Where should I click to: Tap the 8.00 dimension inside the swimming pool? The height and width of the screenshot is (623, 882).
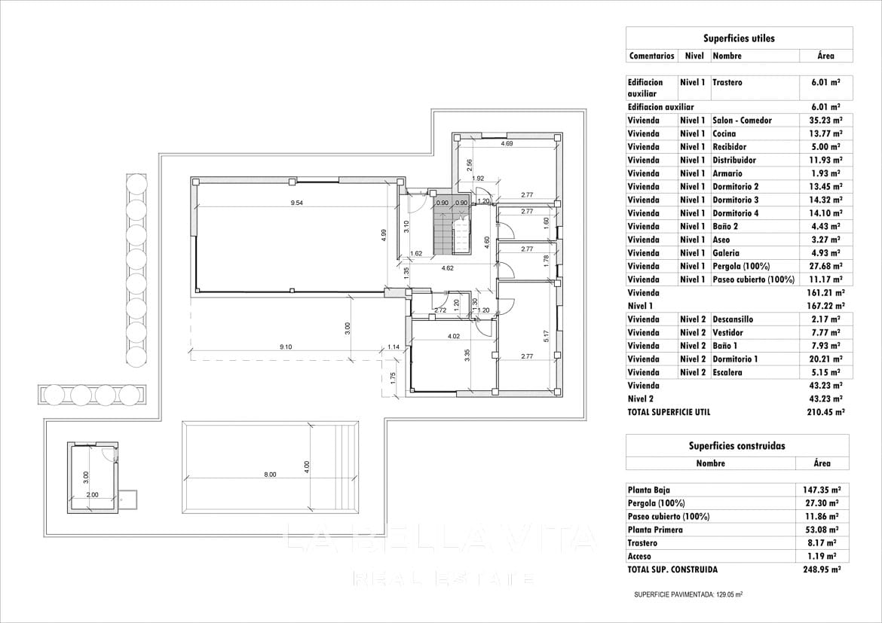tap(270, 474)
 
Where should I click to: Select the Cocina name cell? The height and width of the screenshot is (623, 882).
tap(724, 133)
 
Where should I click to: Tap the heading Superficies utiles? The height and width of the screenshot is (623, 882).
tap(739, 38)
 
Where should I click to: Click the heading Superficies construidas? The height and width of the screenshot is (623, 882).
tap(738, 445)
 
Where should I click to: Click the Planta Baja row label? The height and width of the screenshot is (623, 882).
tap(648, 490)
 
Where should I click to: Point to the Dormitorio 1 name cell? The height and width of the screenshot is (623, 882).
tap(735, 359)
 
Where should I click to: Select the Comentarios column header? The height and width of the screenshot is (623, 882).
tap(651, 56)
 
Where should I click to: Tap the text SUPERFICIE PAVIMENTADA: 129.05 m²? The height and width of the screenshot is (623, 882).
tap(688, 594)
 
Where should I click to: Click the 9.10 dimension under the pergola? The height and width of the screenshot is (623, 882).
tap(286, 347)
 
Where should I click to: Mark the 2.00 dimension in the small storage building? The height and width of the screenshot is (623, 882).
tap(92, 495)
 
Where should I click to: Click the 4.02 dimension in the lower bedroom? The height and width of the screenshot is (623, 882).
tap(454, 336)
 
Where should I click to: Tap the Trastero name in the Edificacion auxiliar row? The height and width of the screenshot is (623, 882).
tap(727, 82)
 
